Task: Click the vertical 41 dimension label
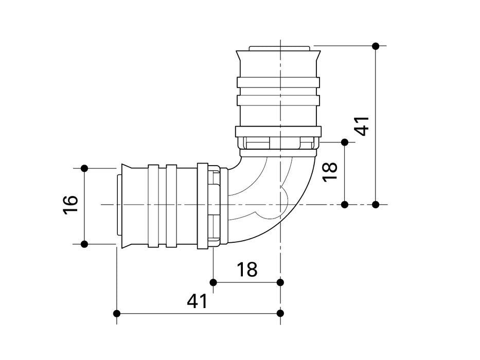(362, 125)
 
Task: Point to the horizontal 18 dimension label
(246, 269)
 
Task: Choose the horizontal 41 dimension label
(197, 301)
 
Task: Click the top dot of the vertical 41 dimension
(376, 46)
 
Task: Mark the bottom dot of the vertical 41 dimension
(376, 205)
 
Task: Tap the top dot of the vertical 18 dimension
(345, 141)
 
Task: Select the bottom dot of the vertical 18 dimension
(345, 205)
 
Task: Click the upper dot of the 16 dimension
(85, 168)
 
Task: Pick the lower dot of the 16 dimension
(85, 244)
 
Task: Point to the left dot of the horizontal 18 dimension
(214, 282)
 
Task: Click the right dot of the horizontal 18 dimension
(280, 282)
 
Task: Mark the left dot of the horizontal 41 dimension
(117, 313)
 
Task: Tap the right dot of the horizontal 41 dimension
(280, 313)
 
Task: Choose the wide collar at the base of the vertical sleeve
(278, 131)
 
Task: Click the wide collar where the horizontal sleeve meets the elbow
(203, 206)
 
